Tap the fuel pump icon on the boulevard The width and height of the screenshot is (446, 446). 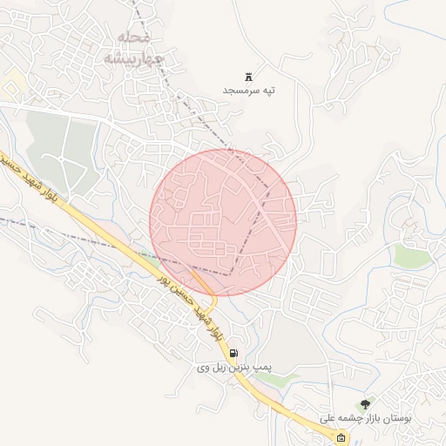pyautogui.click(x=233, y=353)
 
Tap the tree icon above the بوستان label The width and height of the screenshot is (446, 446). pyautogui.click(x=364, y=403)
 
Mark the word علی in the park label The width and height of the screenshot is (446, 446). pyautogui.click(x=328, y=418)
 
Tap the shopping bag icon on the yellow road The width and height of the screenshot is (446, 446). pyautogui.click(x=341, y=437)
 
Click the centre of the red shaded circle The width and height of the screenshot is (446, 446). pyautogui.click(x=223, y=222)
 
